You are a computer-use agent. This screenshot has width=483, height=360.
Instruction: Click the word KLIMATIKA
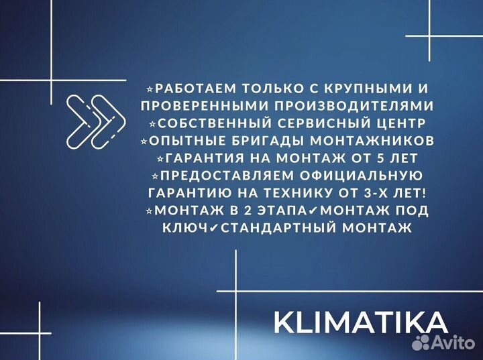360,322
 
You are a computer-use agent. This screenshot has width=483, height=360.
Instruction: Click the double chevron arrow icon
97,121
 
